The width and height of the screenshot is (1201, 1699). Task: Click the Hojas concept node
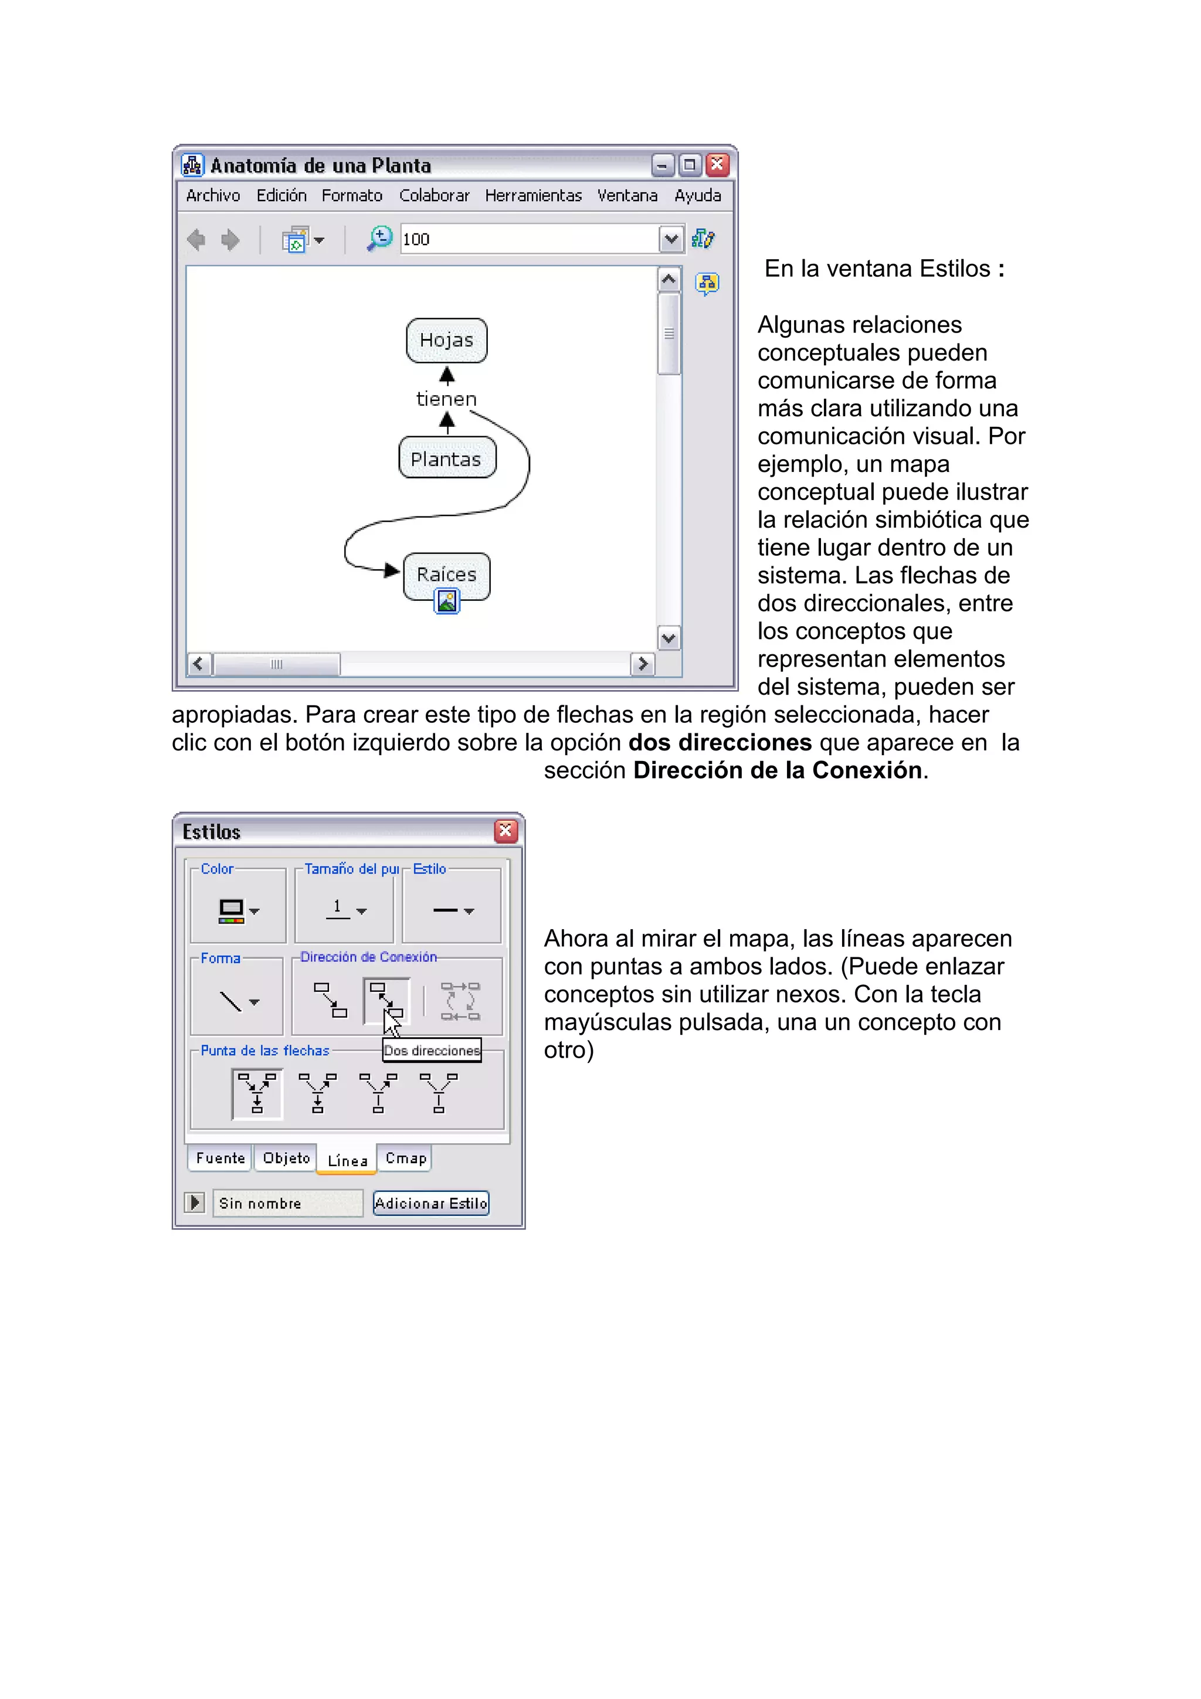[x=446, y=341]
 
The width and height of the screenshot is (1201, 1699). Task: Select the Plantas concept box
[x=446, y=459]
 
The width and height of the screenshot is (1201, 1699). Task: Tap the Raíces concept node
[x=446, y=574]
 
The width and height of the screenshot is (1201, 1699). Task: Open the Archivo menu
[x=213, y=195]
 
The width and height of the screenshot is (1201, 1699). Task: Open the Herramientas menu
[x=533, y=195]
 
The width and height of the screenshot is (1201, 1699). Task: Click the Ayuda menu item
[x=697, y=195]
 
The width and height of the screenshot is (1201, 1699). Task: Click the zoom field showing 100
[x=529, y=239]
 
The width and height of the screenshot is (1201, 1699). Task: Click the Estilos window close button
[x=505, y=831]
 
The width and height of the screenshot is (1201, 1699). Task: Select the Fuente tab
[x=220, y=1158]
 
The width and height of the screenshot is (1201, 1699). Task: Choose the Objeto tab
[x=286, y=1158]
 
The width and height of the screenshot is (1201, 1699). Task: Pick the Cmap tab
[x=405, y=1158]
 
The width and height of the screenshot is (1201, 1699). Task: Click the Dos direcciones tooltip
[x=432, y=1051]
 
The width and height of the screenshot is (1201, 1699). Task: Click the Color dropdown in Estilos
[x=238, y=910]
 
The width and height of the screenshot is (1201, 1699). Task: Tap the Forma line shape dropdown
[x=238, y=1002]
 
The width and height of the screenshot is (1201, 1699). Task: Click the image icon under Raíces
[x=446, y=602]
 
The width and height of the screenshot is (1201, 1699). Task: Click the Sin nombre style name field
[x=287, y=1203]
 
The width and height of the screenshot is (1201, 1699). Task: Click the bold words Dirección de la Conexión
[x=777, y=770]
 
